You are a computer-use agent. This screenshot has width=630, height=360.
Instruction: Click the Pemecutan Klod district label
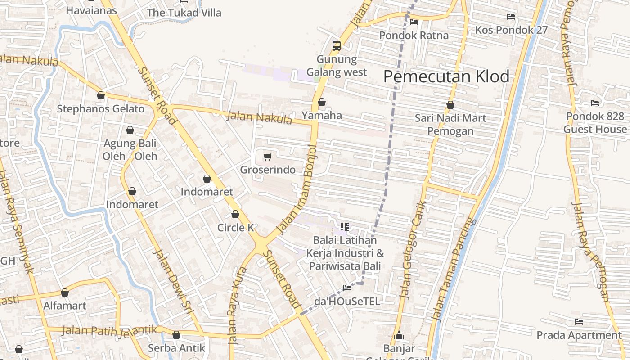point(446,76)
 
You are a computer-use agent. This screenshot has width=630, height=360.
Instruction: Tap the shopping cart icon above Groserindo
point(268,157)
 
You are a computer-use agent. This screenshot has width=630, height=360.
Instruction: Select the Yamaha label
point(322,116)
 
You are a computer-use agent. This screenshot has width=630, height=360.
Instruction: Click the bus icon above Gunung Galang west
point(337,45)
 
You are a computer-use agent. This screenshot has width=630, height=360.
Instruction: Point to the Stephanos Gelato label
point(101,109)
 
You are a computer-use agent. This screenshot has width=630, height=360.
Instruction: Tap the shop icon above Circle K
point(235,214)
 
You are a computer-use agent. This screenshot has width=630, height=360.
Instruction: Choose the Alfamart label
point(65,306)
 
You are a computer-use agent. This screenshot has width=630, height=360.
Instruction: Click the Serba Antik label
point(176,348)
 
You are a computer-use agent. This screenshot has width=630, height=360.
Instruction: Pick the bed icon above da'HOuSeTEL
point(347,288)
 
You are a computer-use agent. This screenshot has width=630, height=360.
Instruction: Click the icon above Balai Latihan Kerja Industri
point(345,227)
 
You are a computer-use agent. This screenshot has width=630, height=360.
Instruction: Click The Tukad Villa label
point(184,13)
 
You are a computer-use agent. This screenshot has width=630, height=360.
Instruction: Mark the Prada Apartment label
point(579,335)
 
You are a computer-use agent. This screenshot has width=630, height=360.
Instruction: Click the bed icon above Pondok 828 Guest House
point(595,103)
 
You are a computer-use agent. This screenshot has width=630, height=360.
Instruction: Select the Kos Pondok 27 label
point(512,30)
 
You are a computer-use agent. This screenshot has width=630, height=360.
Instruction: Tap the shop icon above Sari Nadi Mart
point(450,105)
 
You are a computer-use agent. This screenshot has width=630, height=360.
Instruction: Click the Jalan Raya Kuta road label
point(238,306)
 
